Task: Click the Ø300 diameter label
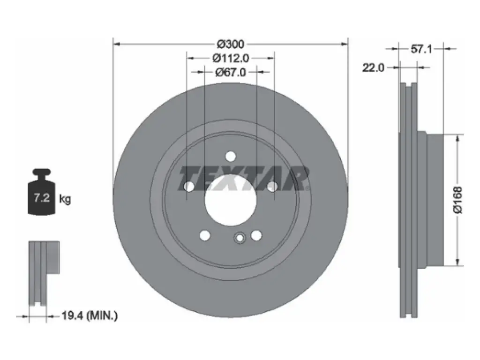231,45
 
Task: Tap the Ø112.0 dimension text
231,58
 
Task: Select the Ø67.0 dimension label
231,72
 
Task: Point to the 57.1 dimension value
421,49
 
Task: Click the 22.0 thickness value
373,67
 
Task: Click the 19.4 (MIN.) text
90,315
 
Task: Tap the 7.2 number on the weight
42,197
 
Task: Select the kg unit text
65,200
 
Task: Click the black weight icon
42,192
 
